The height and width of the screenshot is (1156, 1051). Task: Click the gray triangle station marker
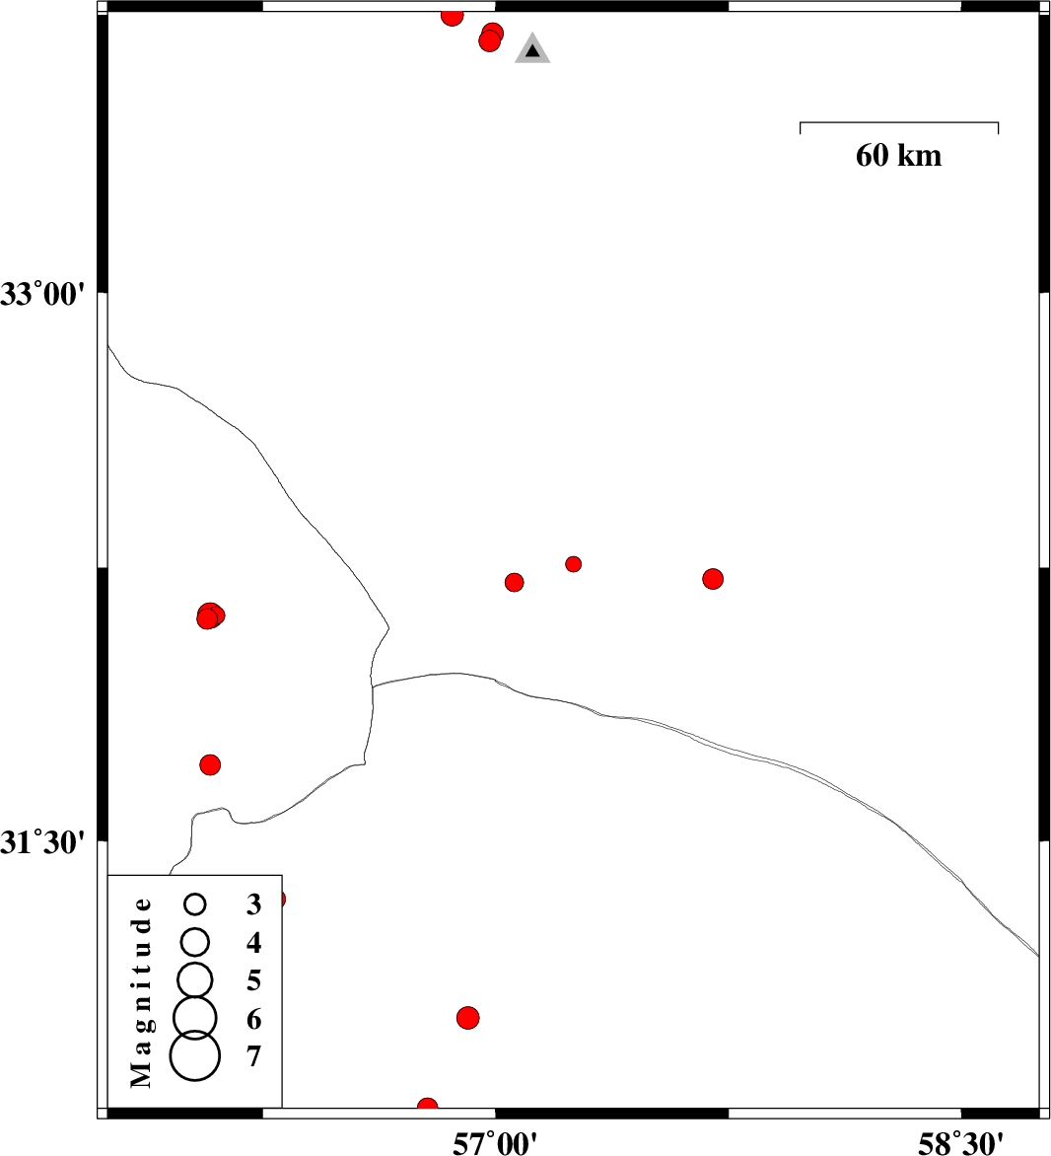(532, 49)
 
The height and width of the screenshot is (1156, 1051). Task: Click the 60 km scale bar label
(898, 156)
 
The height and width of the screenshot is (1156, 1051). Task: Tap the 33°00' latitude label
(42, 294)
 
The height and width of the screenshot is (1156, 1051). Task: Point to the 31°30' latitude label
(42, 841)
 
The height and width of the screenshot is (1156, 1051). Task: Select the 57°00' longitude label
(495, 1143)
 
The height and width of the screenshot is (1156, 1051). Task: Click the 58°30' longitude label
(960, 1143)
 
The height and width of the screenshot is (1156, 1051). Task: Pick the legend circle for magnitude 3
(195, 903)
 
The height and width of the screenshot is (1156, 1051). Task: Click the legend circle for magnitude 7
(194, 1055)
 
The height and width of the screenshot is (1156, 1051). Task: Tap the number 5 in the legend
(253, 980)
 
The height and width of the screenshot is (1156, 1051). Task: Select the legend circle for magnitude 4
(195, 941)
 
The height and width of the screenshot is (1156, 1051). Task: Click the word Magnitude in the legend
(141, 992)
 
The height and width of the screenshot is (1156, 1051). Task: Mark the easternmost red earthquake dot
(713, 579)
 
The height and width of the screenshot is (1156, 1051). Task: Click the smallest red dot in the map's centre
(574, 564)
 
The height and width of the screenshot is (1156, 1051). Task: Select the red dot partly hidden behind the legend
(279, 900)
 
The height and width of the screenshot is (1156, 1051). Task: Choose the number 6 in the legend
(253, 1019)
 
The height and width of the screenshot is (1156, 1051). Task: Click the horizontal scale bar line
(899, 122)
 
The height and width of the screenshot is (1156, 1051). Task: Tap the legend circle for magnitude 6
(194, 1017)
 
